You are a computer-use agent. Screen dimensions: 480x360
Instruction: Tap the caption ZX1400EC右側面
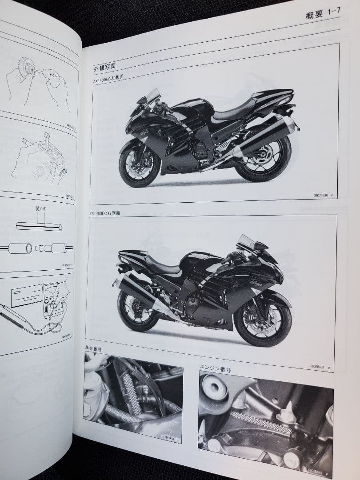(x=104, y=213)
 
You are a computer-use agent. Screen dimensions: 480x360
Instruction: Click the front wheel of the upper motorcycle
(x=140, y=164)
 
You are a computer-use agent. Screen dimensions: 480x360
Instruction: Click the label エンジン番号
(x=216, y=369)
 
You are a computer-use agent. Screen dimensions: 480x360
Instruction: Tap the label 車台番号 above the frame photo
(x=93, y=349)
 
